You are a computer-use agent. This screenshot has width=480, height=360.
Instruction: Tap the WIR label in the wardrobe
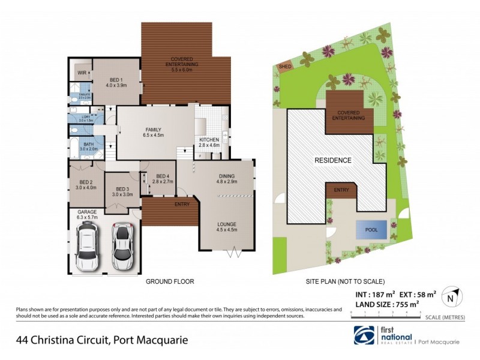click(x=80, y=72)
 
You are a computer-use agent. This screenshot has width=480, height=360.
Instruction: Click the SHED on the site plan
click(x=284, y=66)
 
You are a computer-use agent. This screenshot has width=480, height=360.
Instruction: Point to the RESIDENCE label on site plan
click(x=333, y=160)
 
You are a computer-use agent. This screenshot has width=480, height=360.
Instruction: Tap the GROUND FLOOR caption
click(x=170, y=281)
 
